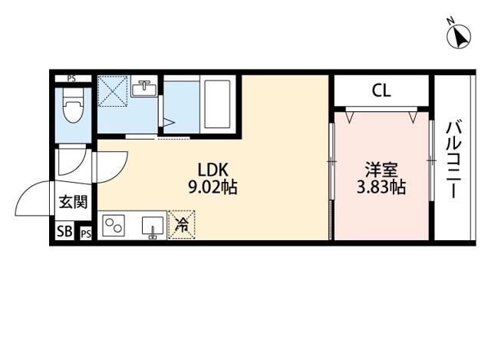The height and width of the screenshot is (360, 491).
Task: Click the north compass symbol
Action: [x=459, y=35]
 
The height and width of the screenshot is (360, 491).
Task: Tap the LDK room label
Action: [x=213, y=170]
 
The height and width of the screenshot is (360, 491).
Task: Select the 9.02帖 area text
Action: [x=213, y=187]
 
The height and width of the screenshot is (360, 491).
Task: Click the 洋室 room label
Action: [x=381, y=170]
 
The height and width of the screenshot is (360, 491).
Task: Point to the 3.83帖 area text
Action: [x=381, y=187]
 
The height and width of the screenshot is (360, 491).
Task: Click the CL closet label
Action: [x=381, y=91]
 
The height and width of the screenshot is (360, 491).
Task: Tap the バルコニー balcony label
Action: [x=454, y=160]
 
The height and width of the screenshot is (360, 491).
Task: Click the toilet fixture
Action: [x=73, y=105]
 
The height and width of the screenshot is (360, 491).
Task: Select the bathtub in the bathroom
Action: [x=217, y=104]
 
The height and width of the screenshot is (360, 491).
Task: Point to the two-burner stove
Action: [x=114, y=226]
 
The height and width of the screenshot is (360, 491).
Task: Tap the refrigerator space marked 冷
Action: [x=182, y=225]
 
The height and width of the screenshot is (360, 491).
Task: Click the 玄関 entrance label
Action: [x=74, y=202]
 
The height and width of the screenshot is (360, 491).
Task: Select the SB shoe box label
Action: [x=64, y=231]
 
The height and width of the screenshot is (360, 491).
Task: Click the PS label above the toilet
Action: [x=71, y=78]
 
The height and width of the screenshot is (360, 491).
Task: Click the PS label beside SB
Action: [x=86, y=234]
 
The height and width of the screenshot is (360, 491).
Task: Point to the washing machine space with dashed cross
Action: [x=113, y=91]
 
